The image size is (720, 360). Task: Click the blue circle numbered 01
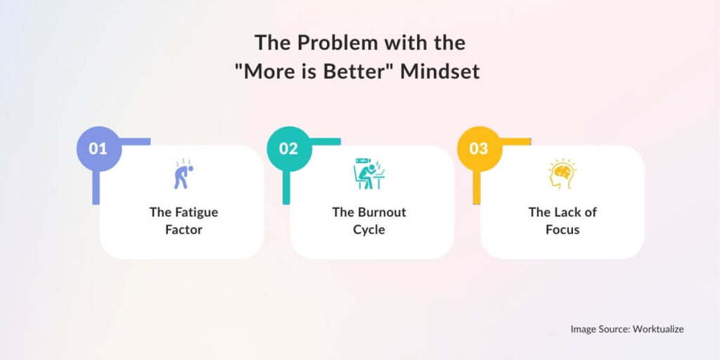(x=98, y=149)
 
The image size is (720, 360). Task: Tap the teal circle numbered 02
(x=288, y=149)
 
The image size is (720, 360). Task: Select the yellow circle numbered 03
(x=478, y=149)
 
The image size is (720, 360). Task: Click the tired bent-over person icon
(x=181, y=175)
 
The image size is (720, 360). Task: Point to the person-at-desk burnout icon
(x=368, y=174)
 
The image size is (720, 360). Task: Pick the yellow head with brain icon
(x=561, y=175)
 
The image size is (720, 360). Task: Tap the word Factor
(x=184, y=230)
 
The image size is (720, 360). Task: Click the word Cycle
(x=369, y=230)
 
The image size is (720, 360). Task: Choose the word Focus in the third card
(x=562, y=230)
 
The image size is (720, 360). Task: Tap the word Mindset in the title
(x=440, y=72)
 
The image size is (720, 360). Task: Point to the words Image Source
(x=598, y=328)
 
